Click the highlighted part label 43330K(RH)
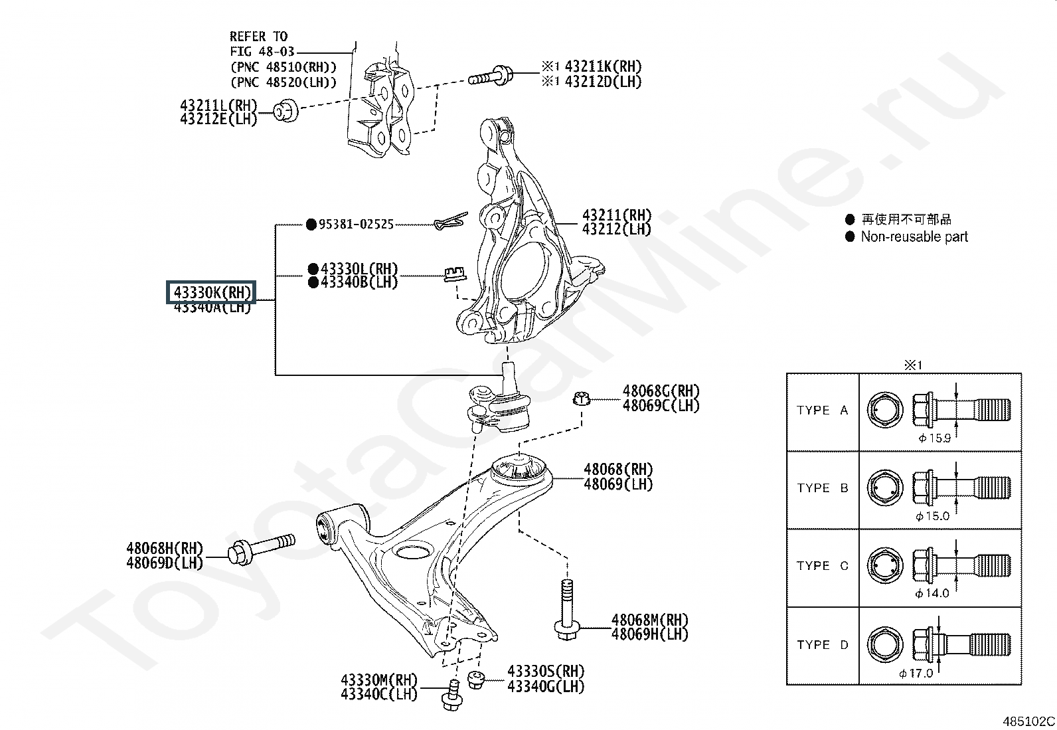tap(210, 292)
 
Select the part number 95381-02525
tap(356, 225)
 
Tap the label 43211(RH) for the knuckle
tap(616, 215)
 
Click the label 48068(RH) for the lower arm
tap(618, 470)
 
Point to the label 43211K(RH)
tap(603, 66)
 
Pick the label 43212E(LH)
tap(218, 120)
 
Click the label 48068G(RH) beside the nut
tap(661, 391)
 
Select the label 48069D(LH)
tap(165, 563)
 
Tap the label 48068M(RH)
tap(650, 620)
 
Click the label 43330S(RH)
tap(546, 671)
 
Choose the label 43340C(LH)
tap(378, 694)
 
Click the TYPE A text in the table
tap(822, 411)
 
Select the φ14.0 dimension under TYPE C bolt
tap(932, 593)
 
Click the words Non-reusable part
tap(914, 237)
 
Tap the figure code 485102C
tap(1028, 721)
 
